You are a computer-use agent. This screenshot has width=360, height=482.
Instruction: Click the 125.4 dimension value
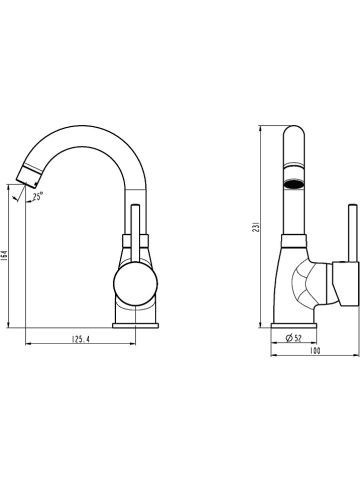(x=81, y=339)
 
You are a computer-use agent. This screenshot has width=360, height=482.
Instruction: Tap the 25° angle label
(x=38, y=196)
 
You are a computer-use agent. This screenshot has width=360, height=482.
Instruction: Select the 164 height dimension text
(x=4, y=257)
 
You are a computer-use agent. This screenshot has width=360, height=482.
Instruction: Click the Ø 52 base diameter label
(x=293, y=338)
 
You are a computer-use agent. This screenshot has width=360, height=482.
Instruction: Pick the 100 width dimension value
(x=315, y=351)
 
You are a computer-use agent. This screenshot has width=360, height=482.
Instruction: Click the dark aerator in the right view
(x=294, y=183)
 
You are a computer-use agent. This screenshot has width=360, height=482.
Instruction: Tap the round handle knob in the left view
(x=135, y=283)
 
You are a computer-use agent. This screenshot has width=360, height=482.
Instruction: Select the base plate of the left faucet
(x=136, y=325)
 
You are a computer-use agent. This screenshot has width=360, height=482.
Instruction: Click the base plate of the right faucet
(x=294, y=325)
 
